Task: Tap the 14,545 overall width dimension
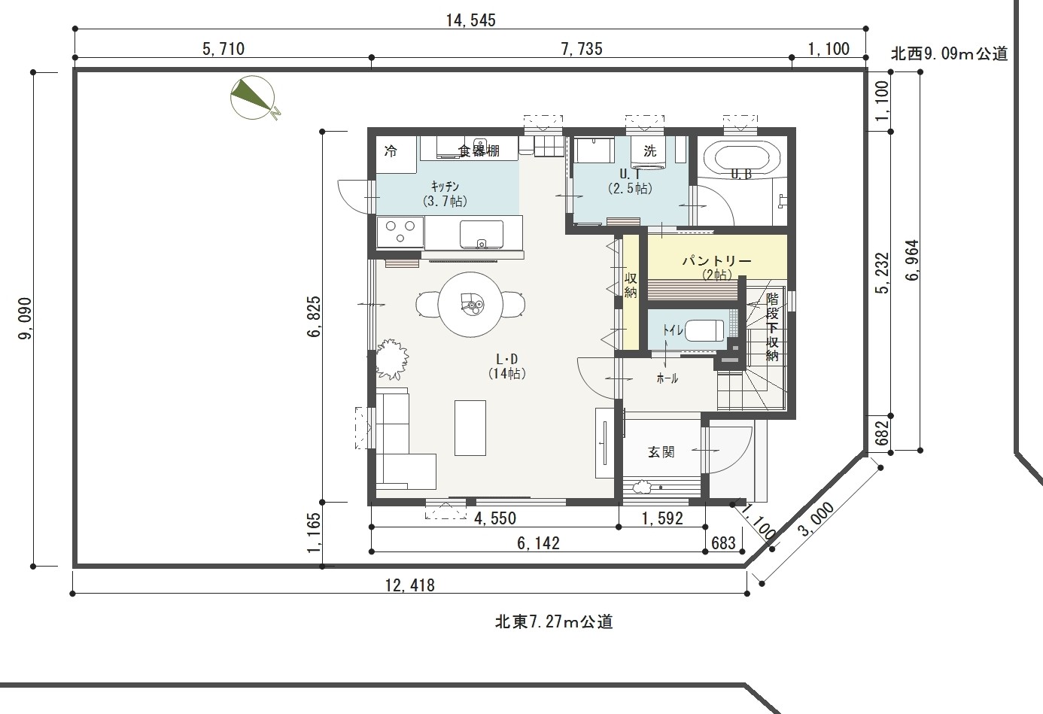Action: (x=471, y=20)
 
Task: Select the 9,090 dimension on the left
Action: (x=25, y=319)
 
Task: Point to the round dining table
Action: (x=470, y=305)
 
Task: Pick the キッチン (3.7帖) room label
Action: (x=445, y=193)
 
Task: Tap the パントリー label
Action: (x=716, y=260)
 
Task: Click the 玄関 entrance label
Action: (x=661, y=451)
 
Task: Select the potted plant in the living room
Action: (x=391, y=359)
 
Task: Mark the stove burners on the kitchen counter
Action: (x=400, y=232)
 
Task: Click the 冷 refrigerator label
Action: (x=391, y=150)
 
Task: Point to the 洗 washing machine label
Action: (x=650, y=150)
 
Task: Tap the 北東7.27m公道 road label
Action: (x=554, y=622)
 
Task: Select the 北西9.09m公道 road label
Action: (x=950, y=53)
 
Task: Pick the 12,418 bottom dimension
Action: (x=409, y=585)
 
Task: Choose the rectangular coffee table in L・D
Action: (x=470, y=428)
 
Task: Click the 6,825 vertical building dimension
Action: (x=315, y=317)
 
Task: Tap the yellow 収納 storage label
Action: (x=631, y=285)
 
